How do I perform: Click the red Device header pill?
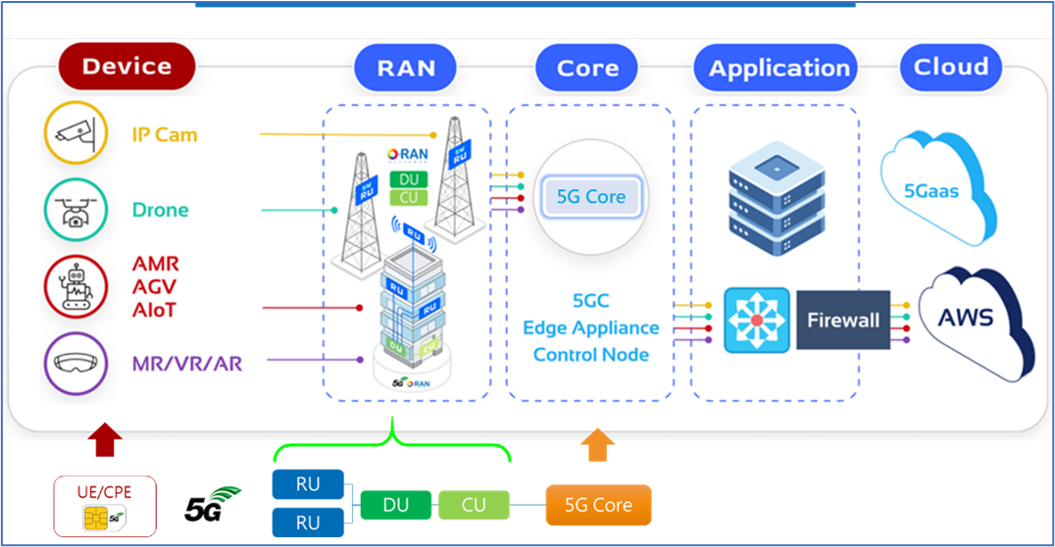pos(126,67)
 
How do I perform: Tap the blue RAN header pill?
pos(406,68)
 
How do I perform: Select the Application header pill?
pos(779,69)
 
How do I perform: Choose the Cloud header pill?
pos(950,67)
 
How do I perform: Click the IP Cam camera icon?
pos(75,134)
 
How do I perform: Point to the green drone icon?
pos(75,210)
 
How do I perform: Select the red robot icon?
pos(75,285)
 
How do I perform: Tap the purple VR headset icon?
pos(75,364)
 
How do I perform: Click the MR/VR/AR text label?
pos(186,365)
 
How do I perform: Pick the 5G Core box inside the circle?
pos(590,197)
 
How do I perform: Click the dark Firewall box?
pos(842,321)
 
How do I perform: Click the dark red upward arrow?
pos(105,440)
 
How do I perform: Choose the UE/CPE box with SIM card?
pos(105,506)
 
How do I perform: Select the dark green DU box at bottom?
pos(395,505)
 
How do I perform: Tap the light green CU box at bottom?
pos(474,505)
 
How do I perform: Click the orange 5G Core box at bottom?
pos(598,506)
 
